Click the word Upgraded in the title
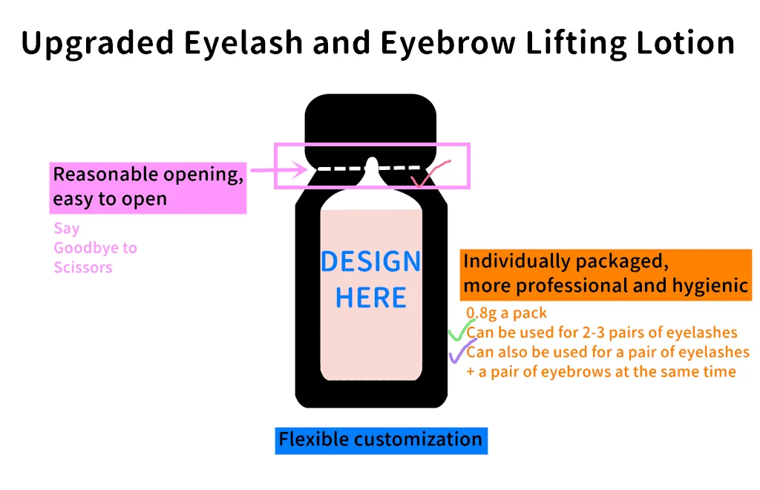[x=95, y=43]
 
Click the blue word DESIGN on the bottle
[x=370, y=261]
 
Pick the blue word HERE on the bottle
[x=370, y=298]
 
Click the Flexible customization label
[x=381, y=440]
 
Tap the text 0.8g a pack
[x=506, y=313]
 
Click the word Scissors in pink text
[x=83, y=267]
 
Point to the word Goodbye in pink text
[x=95, y=248]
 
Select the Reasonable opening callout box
[x=148, y=187]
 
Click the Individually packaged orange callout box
[x=606, y=274]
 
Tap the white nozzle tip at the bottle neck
[x=372, y=165]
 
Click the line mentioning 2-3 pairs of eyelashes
[x=602, y=332]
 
